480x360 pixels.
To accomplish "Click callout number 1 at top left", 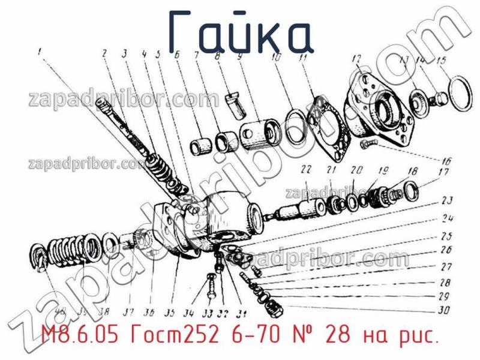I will tap(40, 52).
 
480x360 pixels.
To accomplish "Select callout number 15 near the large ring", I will tap(441, 61).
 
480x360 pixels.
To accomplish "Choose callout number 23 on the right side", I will tap(447, 201).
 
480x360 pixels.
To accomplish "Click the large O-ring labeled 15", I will tap(464, 94).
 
